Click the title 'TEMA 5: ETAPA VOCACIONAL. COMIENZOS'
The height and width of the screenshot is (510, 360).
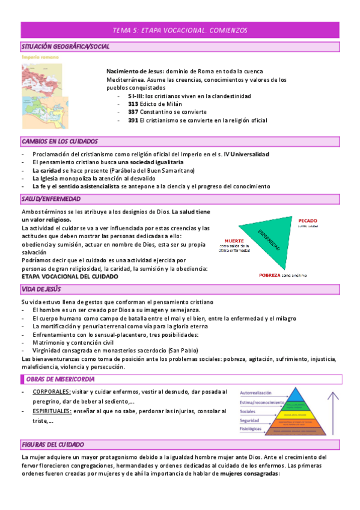coord(180,30)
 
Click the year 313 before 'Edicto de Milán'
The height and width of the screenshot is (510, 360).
coord(133,104)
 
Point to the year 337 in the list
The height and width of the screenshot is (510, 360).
coord(133,112)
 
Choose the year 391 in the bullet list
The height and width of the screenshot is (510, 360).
coord(133,120)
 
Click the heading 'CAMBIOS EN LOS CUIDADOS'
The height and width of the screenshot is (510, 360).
coord(59,141)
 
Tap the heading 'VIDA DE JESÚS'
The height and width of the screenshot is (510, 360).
coord(45,289)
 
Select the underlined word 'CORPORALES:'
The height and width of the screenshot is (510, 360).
coord(51,392)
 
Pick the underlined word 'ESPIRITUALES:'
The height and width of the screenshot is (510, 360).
coord(52,411)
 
